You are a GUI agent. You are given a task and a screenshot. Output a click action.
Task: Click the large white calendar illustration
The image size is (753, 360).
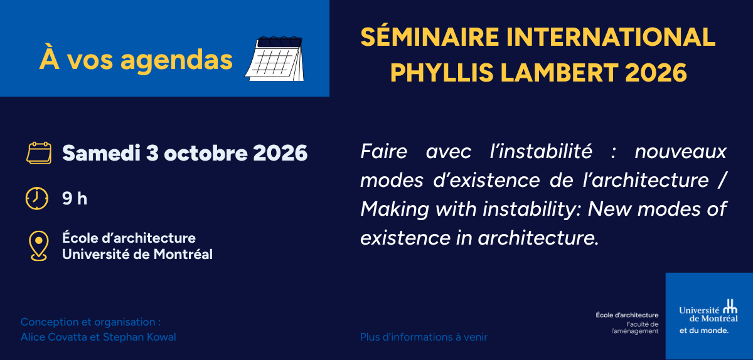click(275, 59)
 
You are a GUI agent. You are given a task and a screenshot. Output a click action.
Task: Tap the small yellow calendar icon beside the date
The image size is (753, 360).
click(39, 153)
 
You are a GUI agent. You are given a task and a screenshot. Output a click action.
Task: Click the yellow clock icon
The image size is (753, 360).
click(37, 198)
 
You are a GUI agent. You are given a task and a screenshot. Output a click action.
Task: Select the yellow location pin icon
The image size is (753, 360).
click(39, 246)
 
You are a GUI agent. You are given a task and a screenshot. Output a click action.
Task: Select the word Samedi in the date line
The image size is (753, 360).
click(101, 153)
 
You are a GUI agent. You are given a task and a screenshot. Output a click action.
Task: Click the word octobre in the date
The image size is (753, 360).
click(206, 153)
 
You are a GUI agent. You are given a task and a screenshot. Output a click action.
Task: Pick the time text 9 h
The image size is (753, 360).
click(75, 198)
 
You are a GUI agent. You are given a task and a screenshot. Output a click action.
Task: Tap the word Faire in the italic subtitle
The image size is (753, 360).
click(384, 151)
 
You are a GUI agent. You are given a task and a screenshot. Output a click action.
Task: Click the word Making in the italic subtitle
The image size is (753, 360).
click(395, 209)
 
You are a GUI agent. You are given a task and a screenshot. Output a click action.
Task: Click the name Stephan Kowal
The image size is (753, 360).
click(139, 337)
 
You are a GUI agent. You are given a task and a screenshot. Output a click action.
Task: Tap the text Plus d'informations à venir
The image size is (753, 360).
click(424, 337)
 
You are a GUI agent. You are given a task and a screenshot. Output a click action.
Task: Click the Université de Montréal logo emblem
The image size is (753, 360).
click(730, 306)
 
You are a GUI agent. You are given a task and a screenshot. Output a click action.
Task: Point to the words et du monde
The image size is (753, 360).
click(703, 331)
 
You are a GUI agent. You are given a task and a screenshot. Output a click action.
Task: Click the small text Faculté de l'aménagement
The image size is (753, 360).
click(635, 328)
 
